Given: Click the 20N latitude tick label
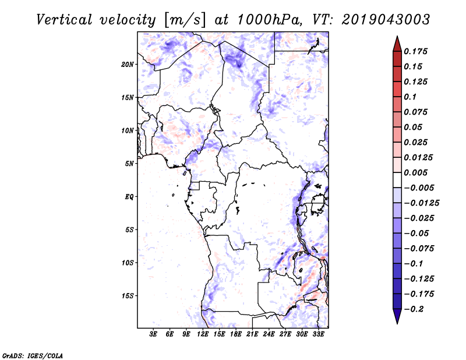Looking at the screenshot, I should [128, 64].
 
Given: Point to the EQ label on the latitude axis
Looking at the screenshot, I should [129, 197].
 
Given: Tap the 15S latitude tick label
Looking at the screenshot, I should [128, 296].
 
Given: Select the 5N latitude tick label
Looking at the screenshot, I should [129, 164].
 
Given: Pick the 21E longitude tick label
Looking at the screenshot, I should [252, 334].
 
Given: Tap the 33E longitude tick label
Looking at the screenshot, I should [318, 334].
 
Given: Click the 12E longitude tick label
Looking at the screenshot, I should [203, 334].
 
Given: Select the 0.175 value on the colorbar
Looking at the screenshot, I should [416, 51].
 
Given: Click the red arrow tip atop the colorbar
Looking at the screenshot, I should [397, 41].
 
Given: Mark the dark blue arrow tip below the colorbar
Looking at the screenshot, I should [397, 319].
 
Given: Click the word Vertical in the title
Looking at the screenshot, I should [65, 19].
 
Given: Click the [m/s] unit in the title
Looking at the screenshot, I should [186, 20].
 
